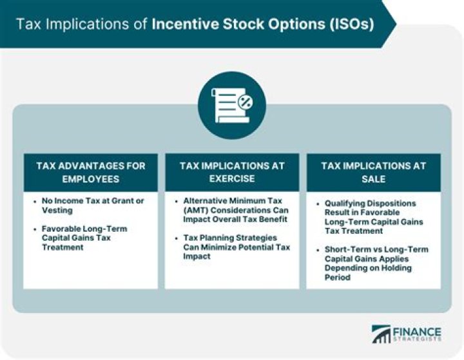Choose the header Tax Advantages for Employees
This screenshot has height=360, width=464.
pyautogui.click(x=90, y=172)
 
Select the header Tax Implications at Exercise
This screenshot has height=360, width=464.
pyautogui.click(x=232, y=172)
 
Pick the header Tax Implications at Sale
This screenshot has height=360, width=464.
pyautogui.click(x=373, y=172)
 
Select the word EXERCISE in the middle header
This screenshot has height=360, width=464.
pyautogui.click(x=232, y=178)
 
